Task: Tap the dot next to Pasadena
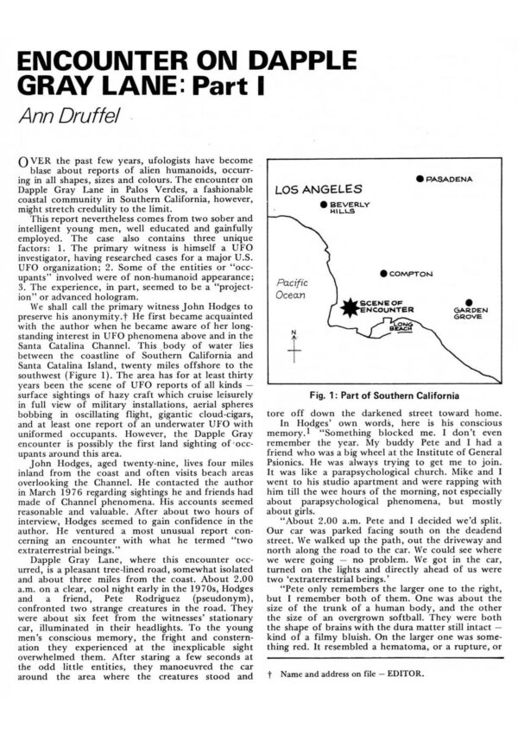(420, 179)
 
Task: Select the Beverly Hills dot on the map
(324, 206)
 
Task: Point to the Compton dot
(383, 274)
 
